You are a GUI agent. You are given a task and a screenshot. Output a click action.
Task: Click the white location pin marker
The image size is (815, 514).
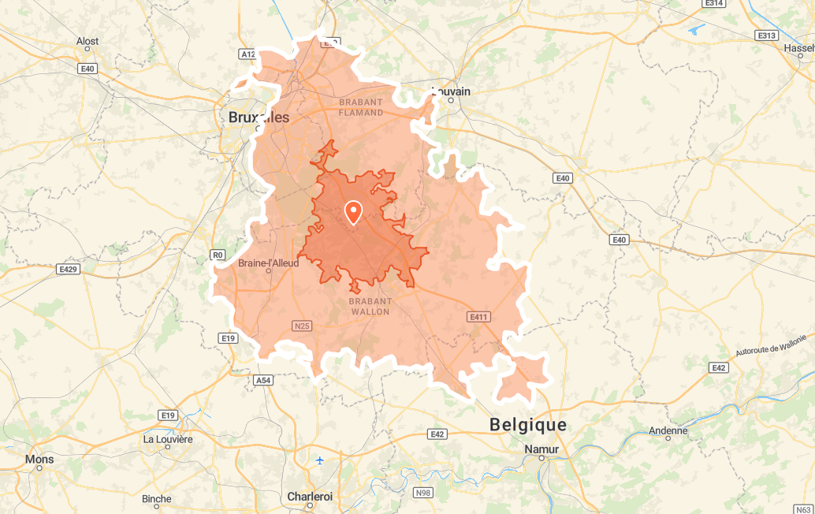[353, 212]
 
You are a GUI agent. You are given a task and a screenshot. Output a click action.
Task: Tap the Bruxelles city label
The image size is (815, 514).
[259, 117]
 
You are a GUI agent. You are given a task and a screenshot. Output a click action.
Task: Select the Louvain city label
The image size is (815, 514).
[451, 91]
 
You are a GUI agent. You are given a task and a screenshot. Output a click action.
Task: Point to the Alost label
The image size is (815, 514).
[87, 41]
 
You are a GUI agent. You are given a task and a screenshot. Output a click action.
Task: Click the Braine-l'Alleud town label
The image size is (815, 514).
[269, 263]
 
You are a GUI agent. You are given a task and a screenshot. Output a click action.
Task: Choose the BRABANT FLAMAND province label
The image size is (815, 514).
[361, 107]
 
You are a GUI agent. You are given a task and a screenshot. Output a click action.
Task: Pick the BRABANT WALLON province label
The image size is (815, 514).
[370, 307]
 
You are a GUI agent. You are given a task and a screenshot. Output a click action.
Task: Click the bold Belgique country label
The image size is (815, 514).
[528, 425]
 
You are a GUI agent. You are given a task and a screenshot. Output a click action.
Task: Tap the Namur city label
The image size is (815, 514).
[541, 449]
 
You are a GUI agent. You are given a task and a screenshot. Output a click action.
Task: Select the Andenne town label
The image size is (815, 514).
[668, 430]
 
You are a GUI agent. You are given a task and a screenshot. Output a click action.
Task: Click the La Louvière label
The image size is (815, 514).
[168, 439]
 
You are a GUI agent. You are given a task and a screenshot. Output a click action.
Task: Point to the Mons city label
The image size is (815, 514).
[39, 459]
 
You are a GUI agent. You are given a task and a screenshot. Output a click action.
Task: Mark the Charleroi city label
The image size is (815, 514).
[310, 497]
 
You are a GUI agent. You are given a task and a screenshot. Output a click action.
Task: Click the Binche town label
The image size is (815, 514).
[156, 499]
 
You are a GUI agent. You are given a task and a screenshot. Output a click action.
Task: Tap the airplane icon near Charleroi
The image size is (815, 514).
[319, 460]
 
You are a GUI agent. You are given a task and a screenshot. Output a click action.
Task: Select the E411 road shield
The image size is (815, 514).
[479, 317]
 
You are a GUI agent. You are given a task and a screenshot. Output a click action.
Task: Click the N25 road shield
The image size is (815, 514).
[301, 325]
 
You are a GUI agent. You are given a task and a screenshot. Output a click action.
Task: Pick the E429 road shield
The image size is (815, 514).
[69, 270]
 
